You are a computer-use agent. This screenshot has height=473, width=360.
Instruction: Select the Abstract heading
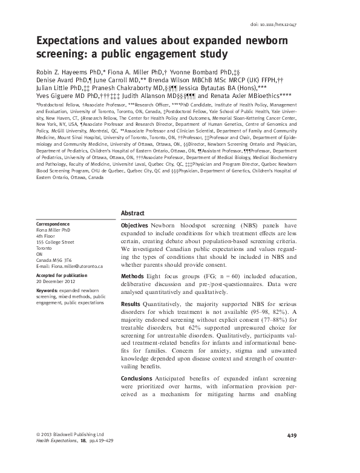tap(133, 213)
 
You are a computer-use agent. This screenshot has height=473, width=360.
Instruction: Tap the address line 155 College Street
tap(55, 241)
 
